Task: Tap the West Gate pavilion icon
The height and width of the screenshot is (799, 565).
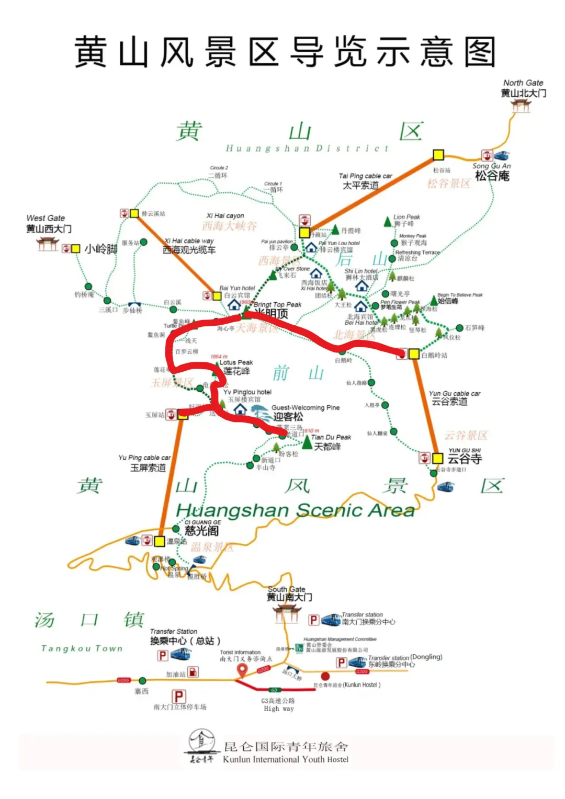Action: point(48,244)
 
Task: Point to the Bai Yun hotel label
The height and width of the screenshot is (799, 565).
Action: point(237,288)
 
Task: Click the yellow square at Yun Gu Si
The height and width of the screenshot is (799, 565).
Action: point(437,458)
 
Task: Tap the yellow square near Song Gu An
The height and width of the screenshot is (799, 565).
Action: point(438,155)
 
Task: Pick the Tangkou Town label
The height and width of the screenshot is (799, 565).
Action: point(82,648)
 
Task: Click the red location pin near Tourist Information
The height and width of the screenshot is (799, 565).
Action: point(242,670)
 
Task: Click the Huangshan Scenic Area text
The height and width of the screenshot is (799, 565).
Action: point(295,510)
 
